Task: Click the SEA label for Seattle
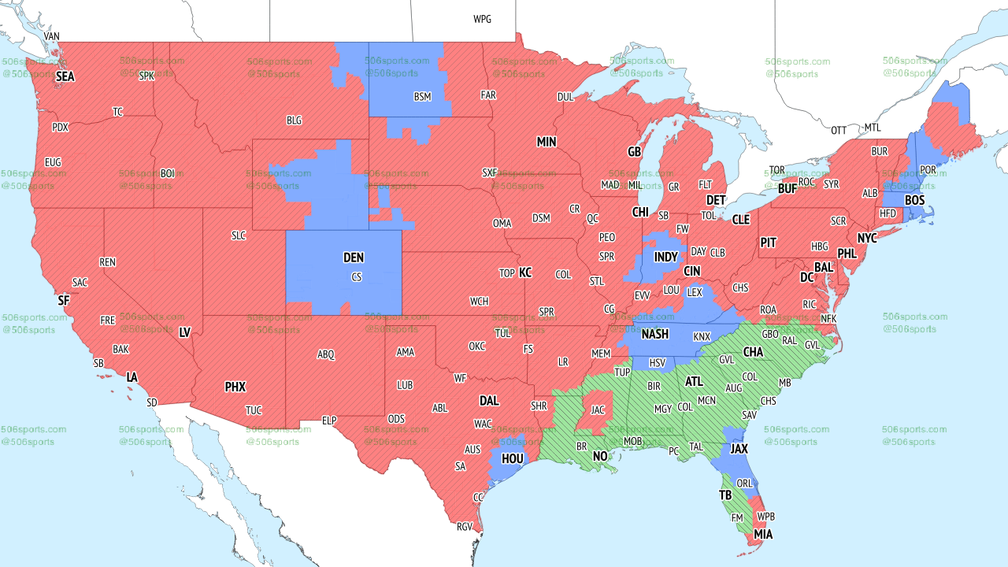coord(65,77)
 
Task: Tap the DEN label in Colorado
coord(354,258)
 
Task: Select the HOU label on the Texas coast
coord(513,458)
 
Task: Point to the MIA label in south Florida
coord(762,535)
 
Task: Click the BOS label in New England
coord(914,201)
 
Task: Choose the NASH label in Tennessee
coord(654,334)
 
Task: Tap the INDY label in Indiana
coord(665,258)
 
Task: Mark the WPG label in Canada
coord(482,19)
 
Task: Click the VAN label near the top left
coord(52,36)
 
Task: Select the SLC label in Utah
coord(239,235)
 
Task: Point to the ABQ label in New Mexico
coord(326,355)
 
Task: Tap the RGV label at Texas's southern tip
coord(464,527)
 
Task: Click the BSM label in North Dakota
coord(423,97)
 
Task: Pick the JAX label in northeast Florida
coord(739,448)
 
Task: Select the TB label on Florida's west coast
coord(724,495)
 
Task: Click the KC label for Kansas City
coord(525,273)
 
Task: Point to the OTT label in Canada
coord(839,130)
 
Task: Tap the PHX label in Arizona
coord(235,387)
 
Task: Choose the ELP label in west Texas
coord(329,421)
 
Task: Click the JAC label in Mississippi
coord(598,410)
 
